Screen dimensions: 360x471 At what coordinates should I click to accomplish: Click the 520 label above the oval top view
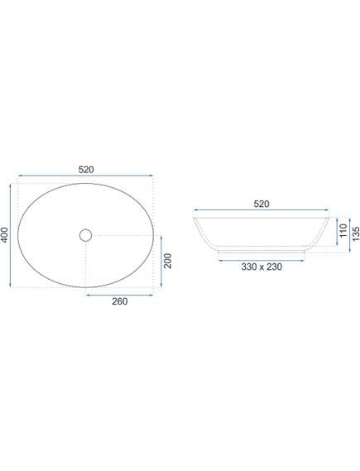click(x=86, y=170)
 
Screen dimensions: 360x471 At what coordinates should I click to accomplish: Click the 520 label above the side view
click(x=262, y=204)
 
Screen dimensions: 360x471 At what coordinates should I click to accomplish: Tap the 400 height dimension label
click(x=5, y=235)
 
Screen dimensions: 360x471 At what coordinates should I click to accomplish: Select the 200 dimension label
click(x=167, y=261)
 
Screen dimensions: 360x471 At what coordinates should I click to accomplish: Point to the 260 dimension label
click(x=120, y=301)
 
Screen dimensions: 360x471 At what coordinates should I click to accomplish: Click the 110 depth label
click(x=343, y=230)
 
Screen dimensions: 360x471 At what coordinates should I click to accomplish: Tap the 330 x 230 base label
click(x=262, y=267)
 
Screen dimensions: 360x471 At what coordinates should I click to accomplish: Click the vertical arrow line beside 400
click(x=11, y=235)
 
